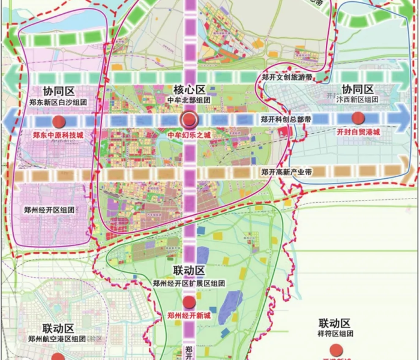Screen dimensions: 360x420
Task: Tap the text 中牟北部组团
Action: [x=189, y=100]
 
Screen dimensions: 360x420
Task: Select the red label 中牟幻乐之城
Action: [x=189, y=136]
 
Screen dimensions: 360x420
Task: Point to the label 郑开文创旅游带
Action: [x=286, y=77]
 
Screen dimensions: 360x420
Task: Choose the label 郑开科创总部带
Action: [x=286, y=119]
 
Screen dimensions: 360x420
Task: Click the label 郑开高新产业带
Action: [x=286, y=172]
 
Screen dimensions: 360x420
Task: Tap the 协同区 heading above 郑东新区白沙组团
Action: [x=58, y=91]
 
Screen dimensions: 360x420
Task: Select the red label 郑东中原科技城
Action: [x=58, y=136]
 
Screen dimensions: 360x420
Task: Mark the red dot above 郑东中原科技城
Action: [x=58, y=119]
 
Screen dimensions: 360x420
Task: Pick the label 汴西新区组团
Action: [x=358, y=99]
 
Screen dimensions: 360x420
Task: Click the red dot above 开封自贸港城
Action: [x=359, y=118]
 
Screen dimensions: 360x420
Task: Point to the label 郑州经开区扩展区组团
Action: [x=189, y=283]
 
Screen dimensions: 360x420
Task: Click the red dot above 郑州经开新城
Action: [x=189, y=301]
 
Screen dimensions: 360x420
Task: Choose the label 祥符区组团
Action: [x=335, y=333]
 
